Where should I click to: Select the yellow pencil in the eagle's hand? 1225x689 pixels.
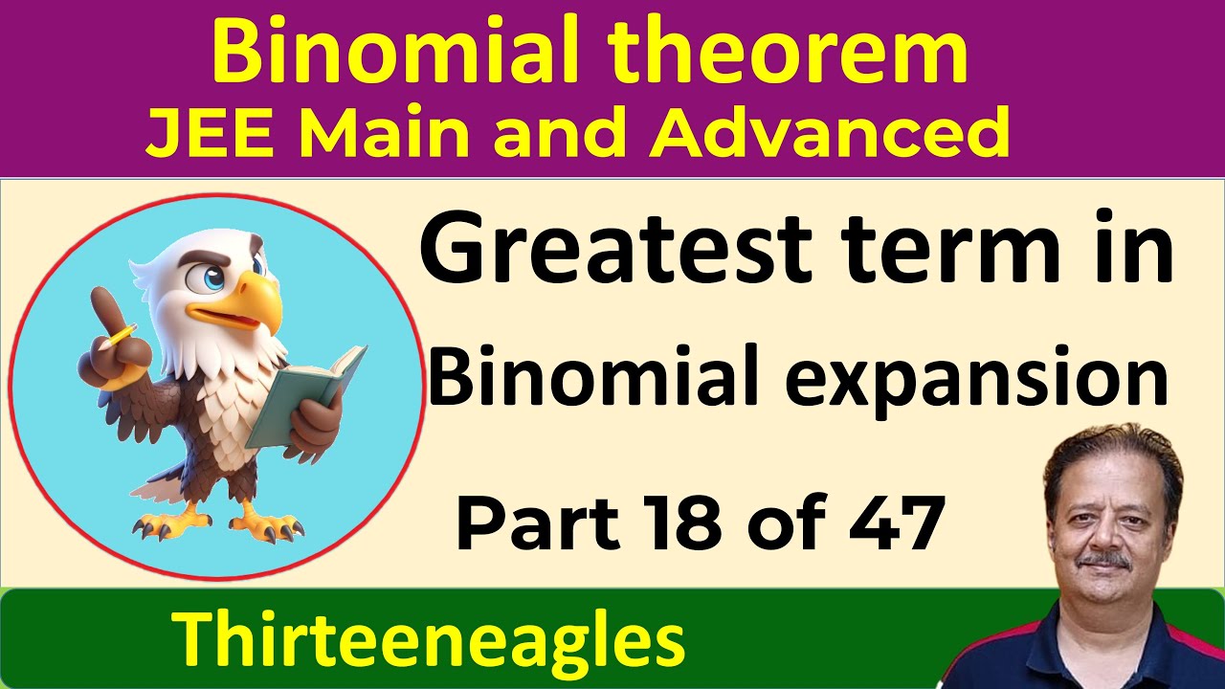coord(122,335)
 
